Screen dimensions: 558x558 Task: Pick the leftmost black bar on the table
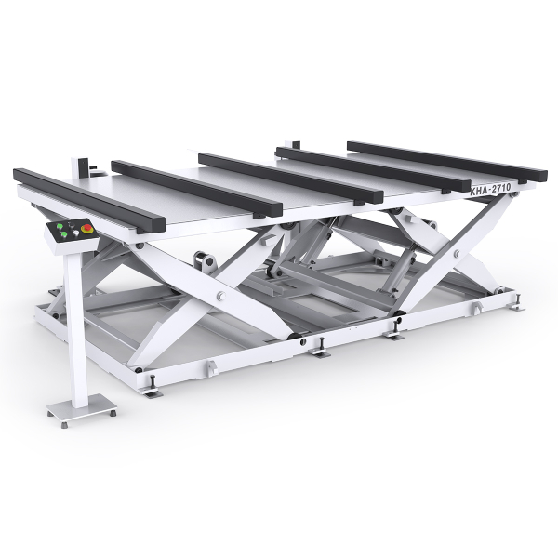click(89, 198)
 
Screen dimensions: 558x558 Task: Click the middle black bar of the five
click(288, 176)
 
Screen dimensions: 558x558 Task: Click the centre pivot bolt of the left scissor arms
click(221, 296)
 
